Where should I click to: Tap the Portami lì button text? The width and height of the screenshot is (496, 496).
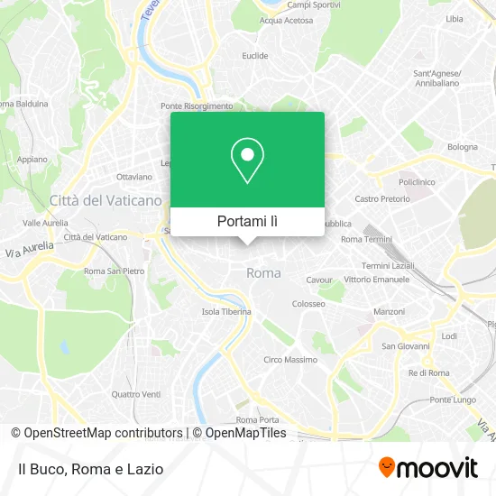click(247, 221)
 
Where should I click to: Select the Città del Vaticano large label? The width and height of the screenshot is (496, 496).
click(106, 200)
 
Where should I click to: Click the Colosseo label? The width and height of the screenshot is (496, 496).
click(308, 304)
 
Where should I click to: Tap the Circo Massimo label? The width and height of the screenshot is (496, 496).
click(289, 360)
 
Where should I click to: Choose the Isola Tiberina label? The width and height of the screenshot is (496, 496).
click(225, 312)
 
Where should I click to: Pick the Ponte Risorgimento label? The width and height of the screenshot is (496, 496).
click(197, 105)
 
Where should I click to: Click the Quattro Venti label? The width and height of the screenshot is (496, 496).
click(135, 393)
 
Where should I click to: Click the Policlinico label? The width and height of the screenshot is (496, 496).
click(417, 181)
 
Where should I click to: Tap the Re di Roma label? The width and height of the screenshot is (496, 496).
click(428, 372)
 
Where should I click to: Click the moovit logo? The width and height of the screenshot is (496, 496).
click(427, 468)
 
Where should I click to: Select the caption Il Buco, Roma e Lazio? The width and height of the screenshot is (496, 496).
click(89, 469)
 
